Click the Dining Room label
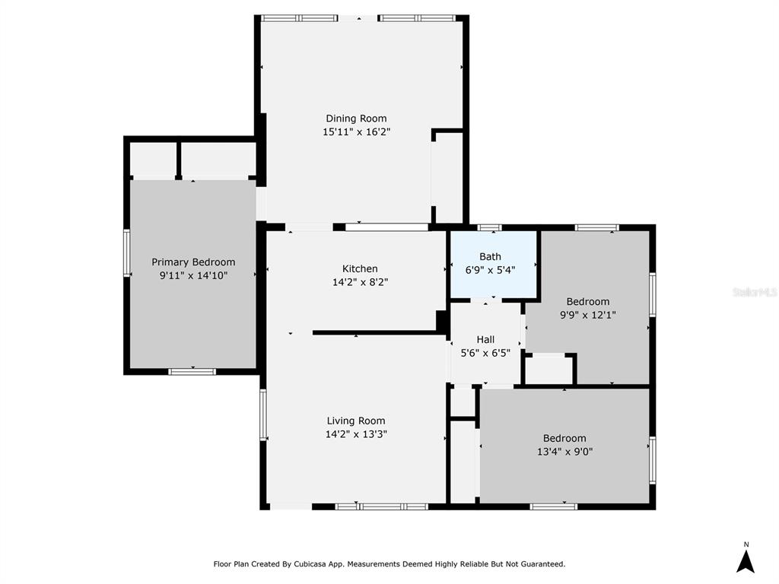(x=356, y=118)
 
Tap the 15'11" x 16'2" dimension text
(x=356, y=132)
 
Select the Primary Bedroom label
(x=193, y=262)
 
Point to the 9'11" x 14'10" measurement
(x=193, y=275)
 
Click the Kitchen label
(x=360, y=268)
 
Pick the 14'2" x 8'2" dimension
(x=360, y=282)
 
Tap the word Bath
(x=490, y=257)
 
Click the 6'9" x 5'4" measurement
(x=490, y=270)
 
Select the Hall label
(x=485, y=339)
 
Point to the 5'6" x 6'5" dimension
(x=485, y=353)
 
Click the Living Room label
(x=356, y=421)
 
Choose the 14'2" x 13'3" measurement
(x=356, y=434)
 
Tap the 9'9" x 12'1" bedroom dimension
(x=588, y=315)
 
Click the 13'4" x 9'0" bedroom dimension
(x=564, y=452)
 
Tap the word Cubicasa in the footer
(x=311, y=564)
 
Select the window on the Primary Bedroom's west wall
(x=127, y=252)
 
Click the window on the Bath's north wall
(x=490, y=227)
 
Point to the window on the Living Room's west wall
(x=263, y=414)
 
